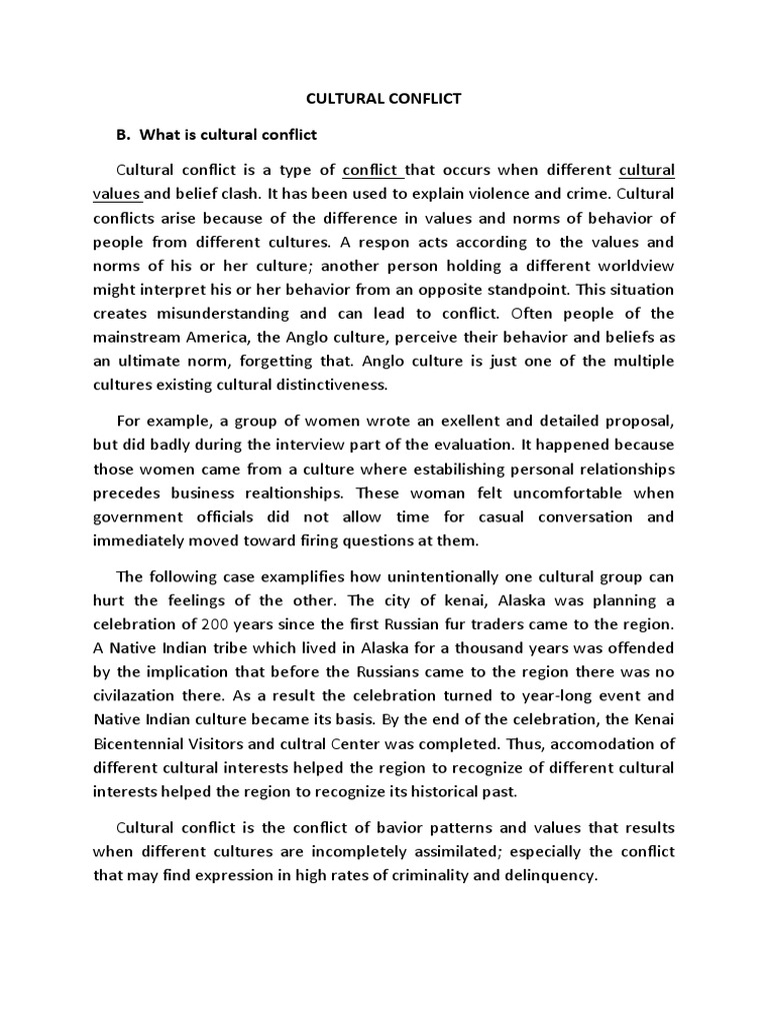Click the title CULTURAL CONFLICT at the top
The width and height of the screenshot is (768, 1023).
click(x=383, y=99)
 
